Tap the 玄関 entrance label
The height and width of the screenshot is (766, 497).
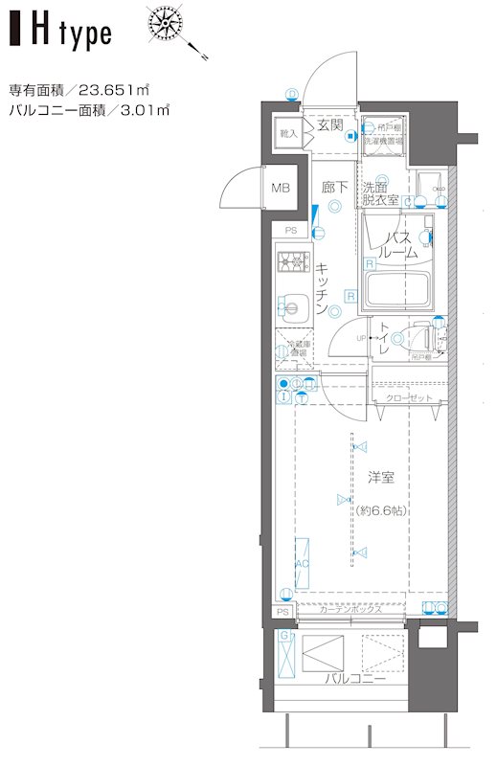pyautogui.click(x=330, y=125)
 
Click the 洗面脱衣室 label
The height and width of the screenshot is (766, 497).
pyautogui.click(x=380, y=193)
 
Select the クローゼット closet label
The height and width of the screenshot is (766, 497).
pyautogui.click(x=409, y=398)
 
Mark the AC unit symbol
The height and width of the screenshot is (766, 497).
pyautogui.click(x=302, y=565)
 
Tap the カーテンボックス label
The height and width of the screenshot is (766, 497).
pyautogui.click(x=350, y=610)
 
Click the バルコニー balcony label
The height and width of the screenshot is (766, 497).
pyautogui.click(x=353, y=679)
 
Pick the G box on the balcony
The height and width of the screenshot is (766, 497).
pyautogui.click(x=285, y=636)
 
